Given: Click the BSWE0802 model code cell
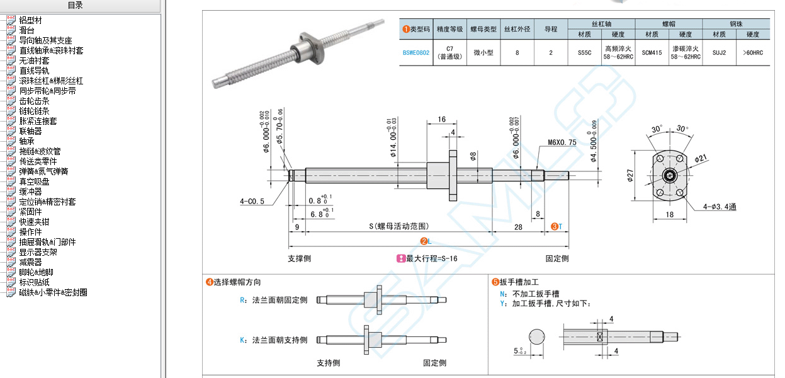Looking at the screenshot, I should coord(416,53).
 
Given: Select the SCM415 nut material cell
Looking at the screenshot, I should coord(652,53).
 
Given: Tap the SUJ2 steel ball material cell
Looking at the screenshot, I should coord(718,53).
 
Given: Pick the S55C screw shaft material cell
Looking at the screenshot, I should coord(584,53).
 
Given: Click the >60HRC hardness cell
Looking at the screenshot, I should coord(752,53).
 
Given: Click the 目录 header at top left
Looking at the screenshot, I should coord(75,6).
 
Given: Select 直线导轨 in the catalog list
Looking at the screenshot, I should coord(34,71).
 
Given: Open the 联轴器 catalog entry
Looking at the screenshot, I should coord(30,131).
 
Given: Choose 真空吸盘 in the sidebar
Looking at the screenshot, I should coord(34,181).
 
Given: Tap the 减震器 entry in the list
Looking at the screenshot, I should coord(30,262).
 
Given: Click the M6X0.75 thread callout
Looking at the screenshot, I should coord(562,142).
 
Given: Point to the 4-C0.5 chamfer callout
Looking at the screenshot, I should coord(252,202).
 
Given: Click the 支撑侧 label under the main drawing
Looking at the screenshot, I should coord(299,258).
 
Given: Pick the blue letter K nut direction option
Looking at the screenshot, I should coord(242,340).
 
